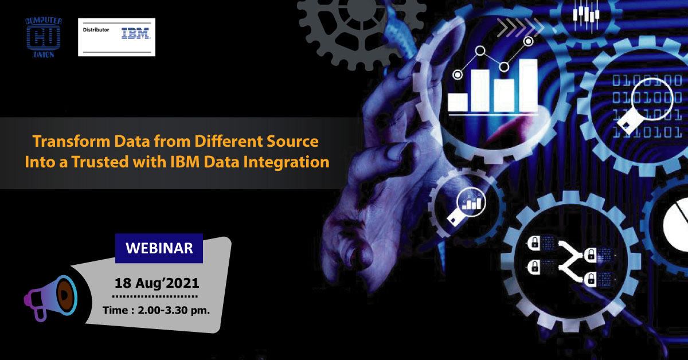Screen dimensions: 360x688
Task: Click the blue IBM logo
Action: pyautogui.click(x=136, y=34)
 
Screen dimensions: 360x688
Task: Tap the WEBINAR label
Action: pyautogui.click(x=159, y=248)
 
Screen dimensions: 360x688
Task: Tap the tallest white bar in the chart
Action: pyautogui.click(x=527, y=85)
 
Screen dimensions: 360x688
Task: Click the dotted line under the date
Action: pyautogui.click(x=155, y=296)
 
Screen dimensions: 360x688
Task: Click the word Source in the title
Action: pyautogui.click(x=289, y=141)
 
